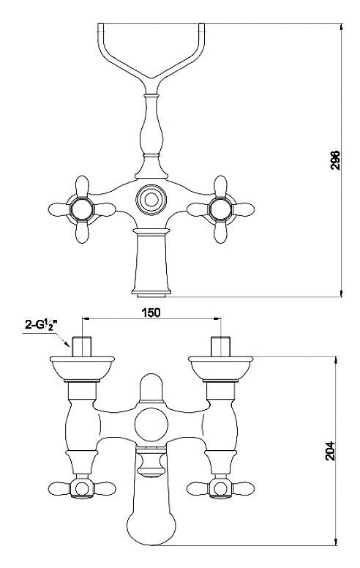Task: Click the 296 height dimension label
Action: coord(335,160)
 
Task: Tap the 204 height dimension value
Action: coord(330,451)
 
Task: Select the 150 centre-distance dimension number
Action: coord(151,312)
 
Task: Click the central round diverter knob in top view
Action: coord(151,200)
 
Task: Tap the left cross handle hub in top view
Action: coord(82,209)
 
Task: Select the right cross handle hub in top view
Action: coord(220,209)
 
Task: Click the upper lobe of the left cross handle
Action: coord(82,186)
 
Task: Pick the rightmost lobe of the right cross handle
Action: coord(244,209)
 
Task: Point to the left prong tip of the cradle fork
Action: coord(101,26)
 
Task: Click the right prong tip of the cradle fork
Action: coord(201,26)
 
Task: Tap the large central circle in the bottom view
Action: coord(151,425)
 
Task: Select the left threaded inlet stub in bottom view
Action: coord(82,347)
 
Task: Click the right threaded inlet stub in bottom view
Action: coord(220,347)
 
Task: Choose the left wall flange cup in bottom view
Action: coord(82,368)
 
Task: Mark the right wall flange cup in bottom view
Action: coord(220,368)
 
